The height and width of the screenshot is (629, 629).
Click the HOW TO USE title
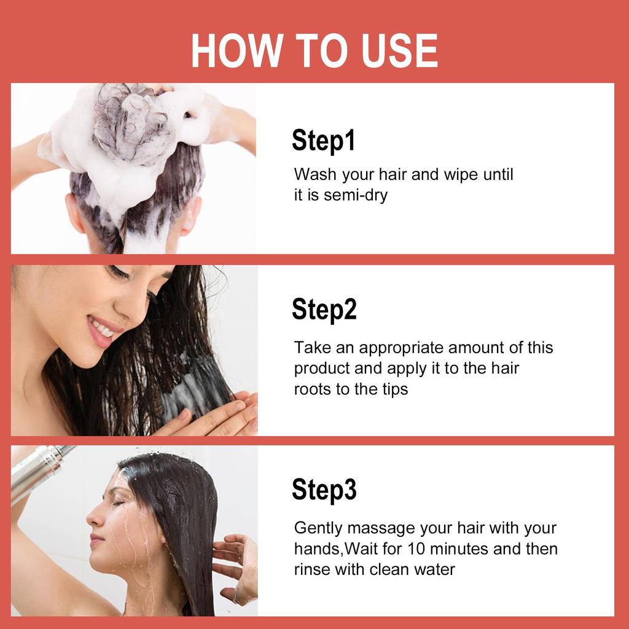click(x=314, y=50)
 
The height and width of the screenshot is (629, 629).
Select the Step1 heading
click(x=323, y=141)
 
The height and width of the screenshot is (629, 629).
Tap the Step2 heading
click(x=324, y=309)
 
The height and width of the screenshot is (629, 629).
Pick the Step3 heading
click(x=324, y=490)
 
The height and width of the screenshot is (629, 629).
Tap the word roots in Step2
click(x=312, y=389)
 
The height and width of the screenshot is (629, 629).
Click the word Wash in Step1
click(x=315, y=174)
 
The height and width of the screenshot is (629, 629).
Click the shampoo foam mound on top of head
click(x=135, y=123)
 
